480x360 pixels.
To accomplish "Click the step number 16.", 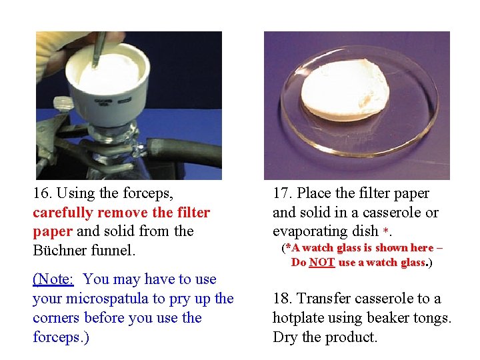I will (43, 194).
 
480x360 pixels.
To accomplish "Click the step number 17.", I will (283, 194).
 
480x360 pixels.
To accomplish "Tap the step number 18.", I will (283, 299).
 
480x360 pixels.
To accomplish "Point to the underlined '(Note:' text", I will (53, 279).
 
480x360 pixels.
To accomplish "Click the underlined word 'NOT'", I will (322, 263).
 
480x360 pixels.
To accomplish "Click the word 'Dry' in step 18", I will (285, 337).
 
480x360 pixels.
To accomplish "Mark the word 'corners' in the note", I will (57, 318).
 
